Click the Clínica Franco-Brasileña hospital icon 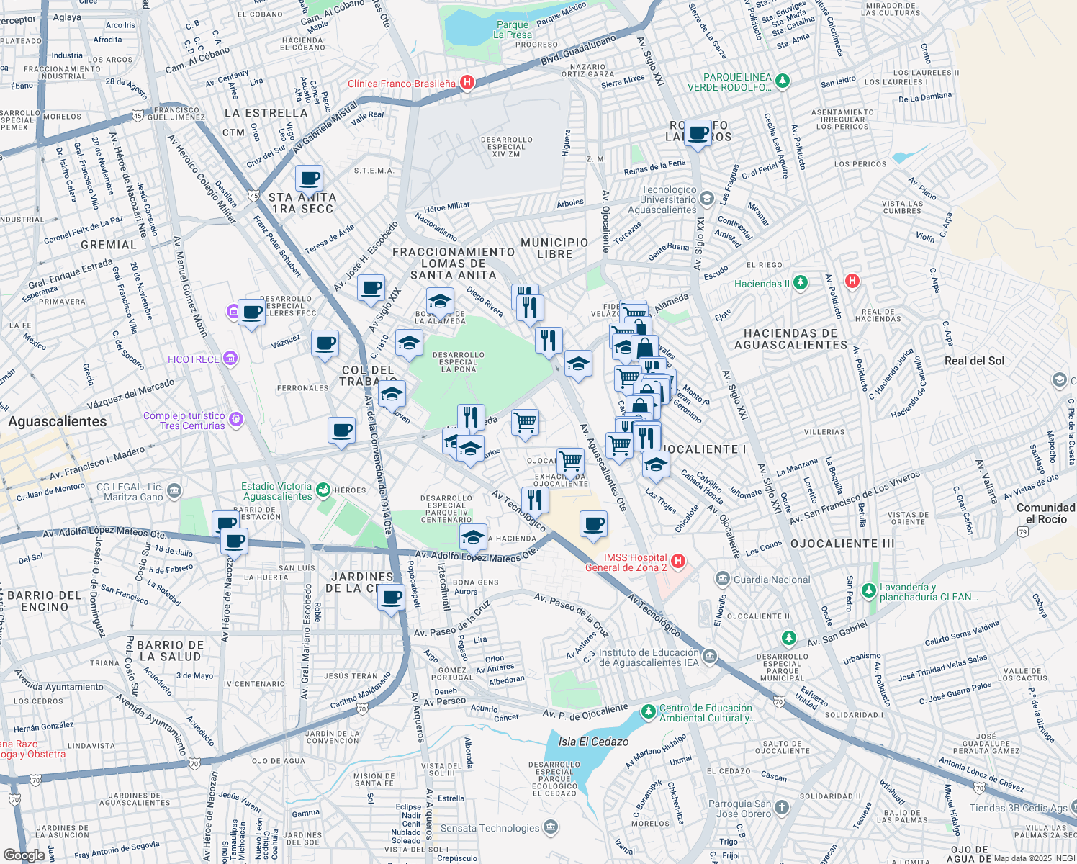tap(467, 83)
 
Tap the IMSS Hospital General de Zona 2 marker tap(677, 561)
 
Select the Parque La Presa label tap(513, 30)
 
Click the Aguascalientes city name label tap(58, 421)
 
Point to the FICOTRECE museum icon tap(230, 358)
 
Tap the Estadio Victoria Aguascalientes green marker tap(323, 490)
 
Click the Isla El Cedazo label tap(593, 742)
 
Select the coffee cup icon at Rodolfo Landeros tap(698, 133)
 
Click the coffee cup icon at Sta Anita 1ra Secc tap(309, 179)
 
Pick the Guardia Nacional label tap(771, 580)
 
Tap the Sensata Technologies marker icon tap(551, 827)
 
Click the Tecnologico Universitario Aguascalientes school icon tap(707, 199)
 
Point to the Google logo tap(24, 855)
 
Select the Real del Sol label tap(974, 361)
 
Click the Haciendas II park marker tap(801, 283)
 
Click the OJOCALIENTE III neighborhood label tap(842, 544)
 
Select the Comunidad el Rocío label tap(1045, 513)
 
